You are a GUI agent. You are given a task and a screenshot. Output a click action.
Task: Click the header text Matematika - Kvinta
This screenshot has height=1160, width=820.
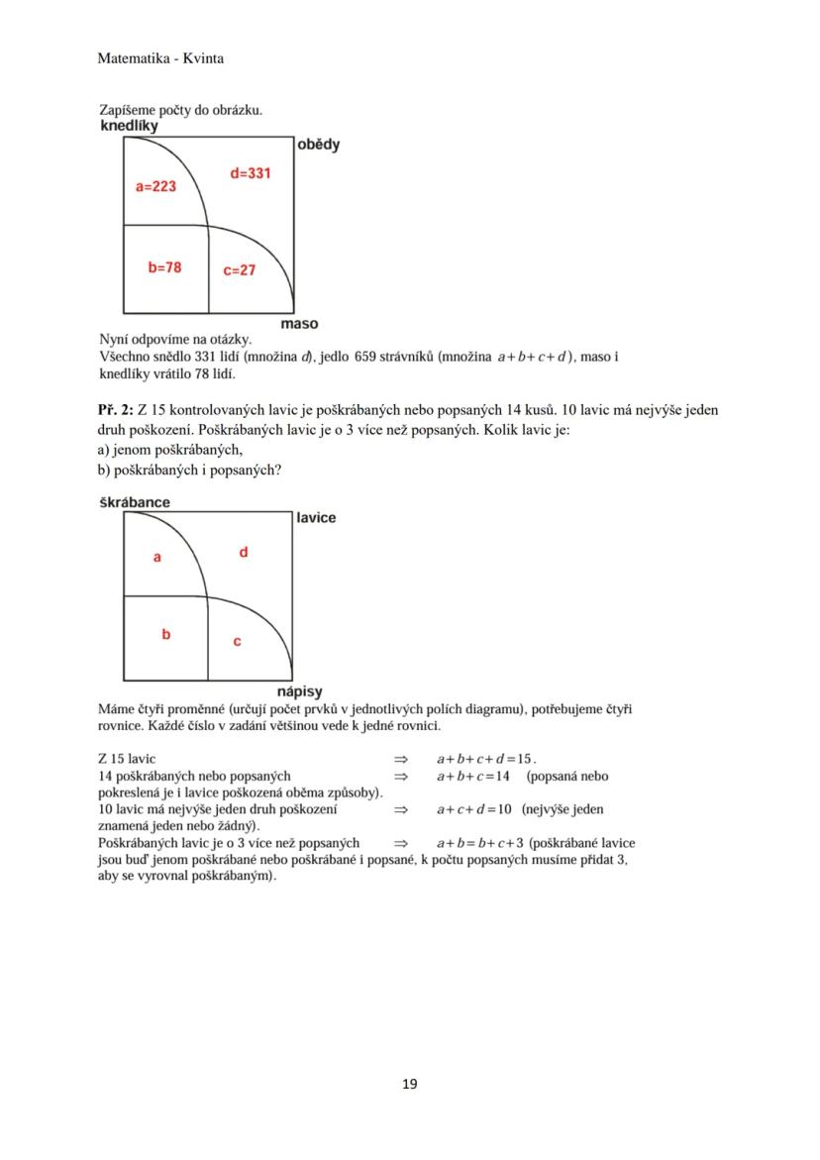coord(160,58)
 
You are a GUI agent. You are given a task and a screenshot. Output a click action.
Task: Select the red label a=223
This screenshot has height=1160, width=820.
coord(155,186)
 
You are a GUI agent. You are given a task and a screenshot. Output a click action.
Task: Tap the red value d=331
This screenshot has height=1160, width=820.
coord(250,173)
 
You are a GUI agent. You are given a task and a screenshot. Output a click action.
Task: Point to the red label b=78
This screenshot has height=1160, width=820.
coord(164,267)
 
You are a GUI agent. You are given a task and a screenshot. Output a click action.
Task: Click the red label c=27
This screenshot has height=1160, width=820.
coord(239,269)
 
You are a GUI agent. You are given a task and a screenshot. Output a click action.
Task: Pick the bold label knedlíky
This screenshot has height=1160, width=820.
coord(129,126)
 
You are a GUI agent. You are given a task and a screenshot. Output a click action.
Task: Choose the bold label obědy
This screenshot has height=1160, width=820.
coord(318,145)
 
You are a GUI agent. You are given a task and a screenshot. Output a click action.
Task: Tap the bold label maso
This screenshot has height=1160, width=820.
coord(299,324)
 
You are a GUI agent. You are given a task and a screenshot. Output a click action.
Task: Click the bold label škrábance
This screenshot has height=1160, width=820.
coord(135,502)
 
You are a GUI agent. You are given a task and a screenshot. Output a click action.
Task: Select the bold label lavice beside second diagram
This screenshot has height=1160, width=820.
coord(316,518)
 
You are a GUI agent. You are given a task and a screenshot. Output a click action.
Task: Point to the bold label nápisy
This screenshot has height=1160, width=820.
coord(298,692)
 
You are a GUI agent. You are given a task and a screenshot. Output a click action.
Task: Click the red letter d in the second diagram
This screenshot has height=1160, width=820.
coord(244,552)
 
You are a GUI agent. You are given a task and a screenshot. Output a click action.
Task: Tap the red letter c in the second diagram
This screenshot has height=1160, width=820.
coord(237,642)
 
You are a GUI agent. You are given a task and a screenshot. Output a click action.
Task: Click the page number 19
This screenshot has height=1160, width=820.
coord(410,1084)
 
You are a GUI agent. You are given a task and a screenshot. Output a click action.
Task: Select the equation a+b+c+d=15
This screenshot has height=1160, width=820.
coord(485,758)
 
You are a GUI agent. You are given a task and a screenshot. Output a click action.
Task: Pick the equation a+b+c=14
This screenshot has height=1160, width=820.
coord(472,776)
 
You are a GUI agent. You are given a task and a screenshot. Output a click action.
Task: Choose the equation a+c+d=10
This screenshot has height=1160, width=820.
coord(473,809)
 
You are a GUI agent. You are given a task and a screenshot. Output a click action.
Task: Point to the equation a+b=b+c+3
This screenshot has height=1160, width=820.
coord(479,843)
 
